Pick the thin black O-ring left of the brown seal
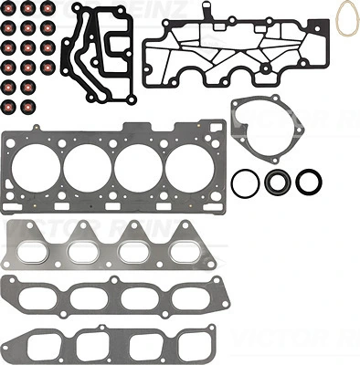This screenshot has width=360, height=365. [245, 182]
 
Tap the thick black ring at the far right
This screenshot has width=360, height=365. [310, 182]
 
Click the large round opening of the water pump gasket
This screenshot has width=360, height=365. [269, 133]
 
